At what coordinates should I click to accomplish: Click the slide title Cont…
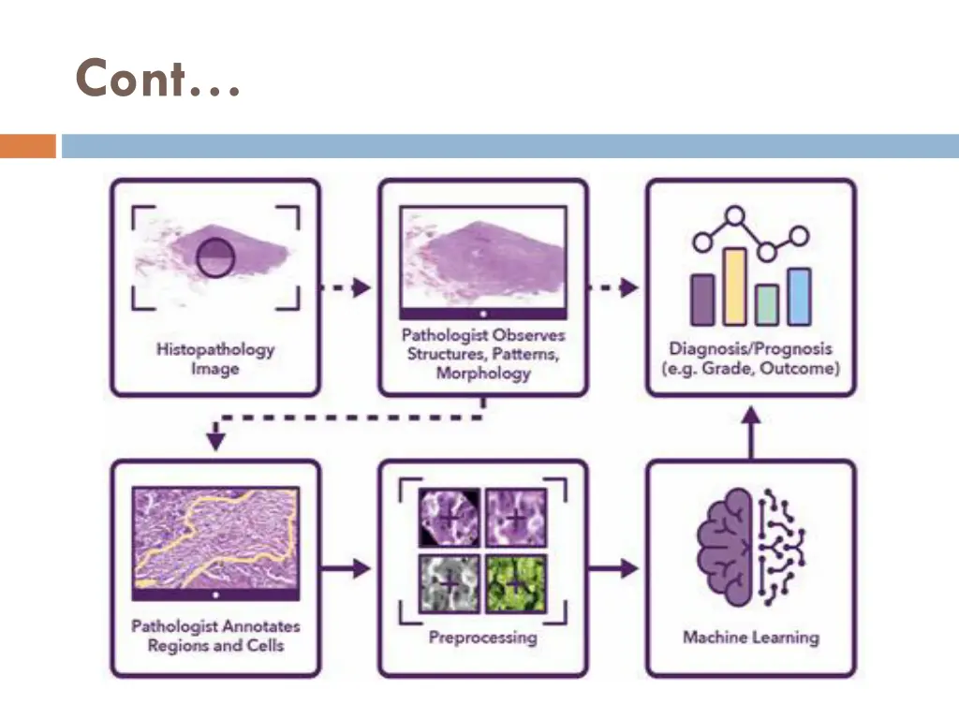click(x=157, y=79)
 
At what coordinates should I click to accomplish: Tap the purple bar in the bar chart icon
click(x=701, y=300)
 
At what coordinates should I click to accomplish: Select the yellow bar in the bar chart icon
click(x=735, y=286)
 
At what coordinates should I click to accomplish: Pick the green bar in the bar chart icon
click(x=767, y=304)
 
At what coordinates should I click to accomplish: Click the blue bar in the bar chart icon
click(x=799, y=297)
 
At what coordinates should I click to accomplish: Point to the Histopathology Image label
click(x=215, y=359)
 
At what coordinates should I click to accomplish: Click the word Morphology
click(x=483, y=374)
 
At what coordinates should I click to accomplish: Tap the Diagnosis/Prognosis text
click(x=750, y=348)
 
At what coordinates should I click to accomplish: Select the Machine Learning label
click(x=750, y=638)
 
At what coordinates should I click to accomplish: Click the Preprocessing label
click(x=482, y=638)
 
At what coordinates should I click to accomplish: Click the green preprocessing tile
click(x=516, y=584)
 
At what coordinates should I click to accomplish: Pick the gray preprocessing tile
click(x=449, y=584)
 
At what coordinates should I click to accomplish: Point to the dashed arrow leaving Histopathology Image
click(x=346, y=287)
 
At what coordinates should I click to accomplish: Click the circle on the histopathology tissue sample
click(x=214, y=257)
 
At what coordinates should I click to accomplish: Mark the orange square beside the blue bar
click(x=27, y=146)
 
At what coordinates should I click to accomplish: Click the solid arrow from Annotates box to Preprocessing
click(x=347, y=567)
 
